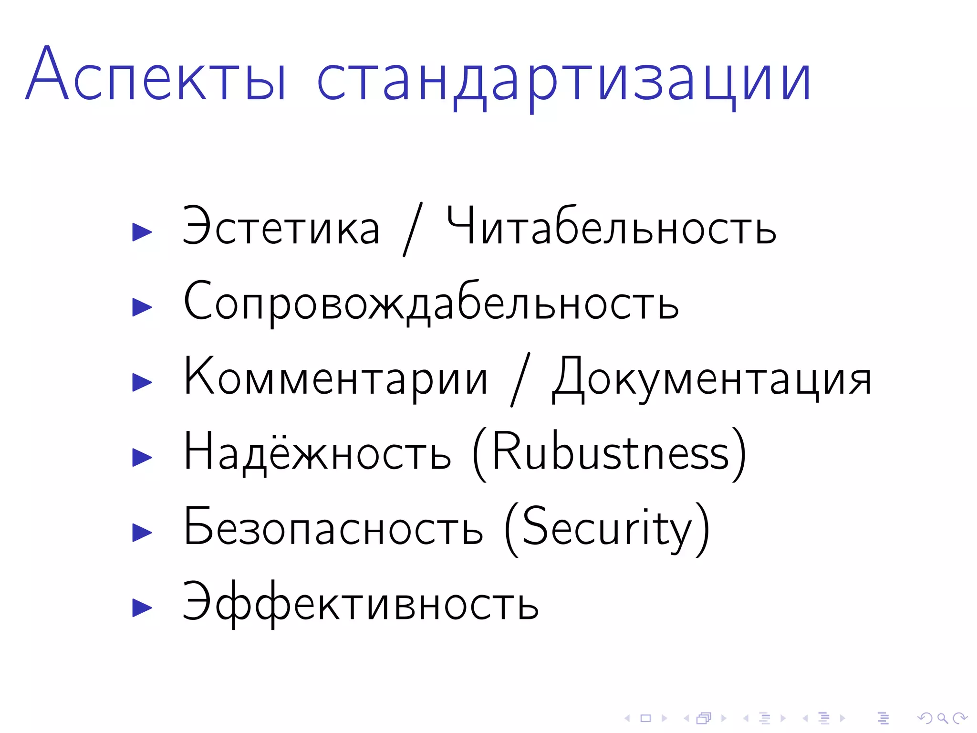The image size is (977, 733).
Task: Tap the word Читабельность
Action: pyautogui.click(x=611, y=226)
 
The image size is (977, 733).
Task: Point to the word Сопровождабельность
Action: pyautogui.click(x=431, y=303)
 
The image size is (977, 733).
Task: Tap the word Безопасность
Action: pyautogui.click(x=333, y=528)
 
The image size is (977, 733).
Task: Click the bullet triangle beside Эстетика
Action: pyautogui.click(x=142, y=232)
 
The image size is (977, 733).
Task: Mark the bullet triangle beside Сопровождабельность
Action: pyautogui.click(x=142, y=307)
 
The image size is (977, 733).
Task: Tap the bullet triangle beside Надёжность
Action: pyautogui.click(x=142, y=458)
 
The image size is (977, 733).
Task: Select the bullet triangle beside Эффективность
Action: pyautogui.click(x=142, y=608)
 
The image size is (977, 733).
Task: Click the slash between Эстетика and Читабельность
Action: pyautogui.click(x=413, y=229)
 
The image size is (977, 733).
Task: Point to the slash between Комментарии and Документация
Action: pyautogui.click(x=520, y=380)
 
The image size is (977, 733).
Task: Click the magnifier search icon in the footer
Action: pyautogui.click(x=942, y=718)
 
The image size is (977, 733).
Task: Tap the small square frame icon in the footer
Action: pyautogui.click(x=645, y=718)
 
